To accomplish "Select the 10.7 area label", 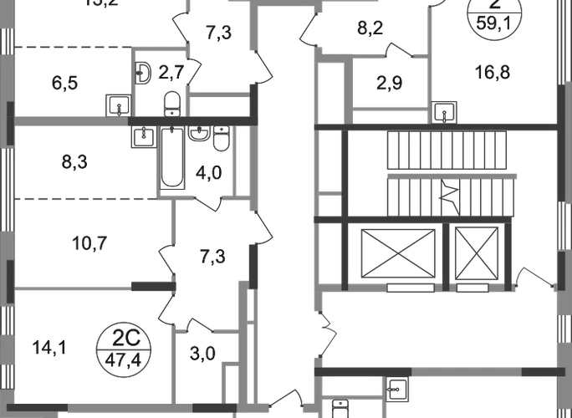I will [92, 247].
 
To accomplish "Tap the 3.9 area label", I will [202, 354].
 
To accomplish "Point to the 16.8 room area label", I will [495, 74].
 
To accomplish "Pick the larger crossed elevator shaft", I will [394, 250].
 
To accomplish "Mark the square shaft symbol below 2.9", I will [444, 110].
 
